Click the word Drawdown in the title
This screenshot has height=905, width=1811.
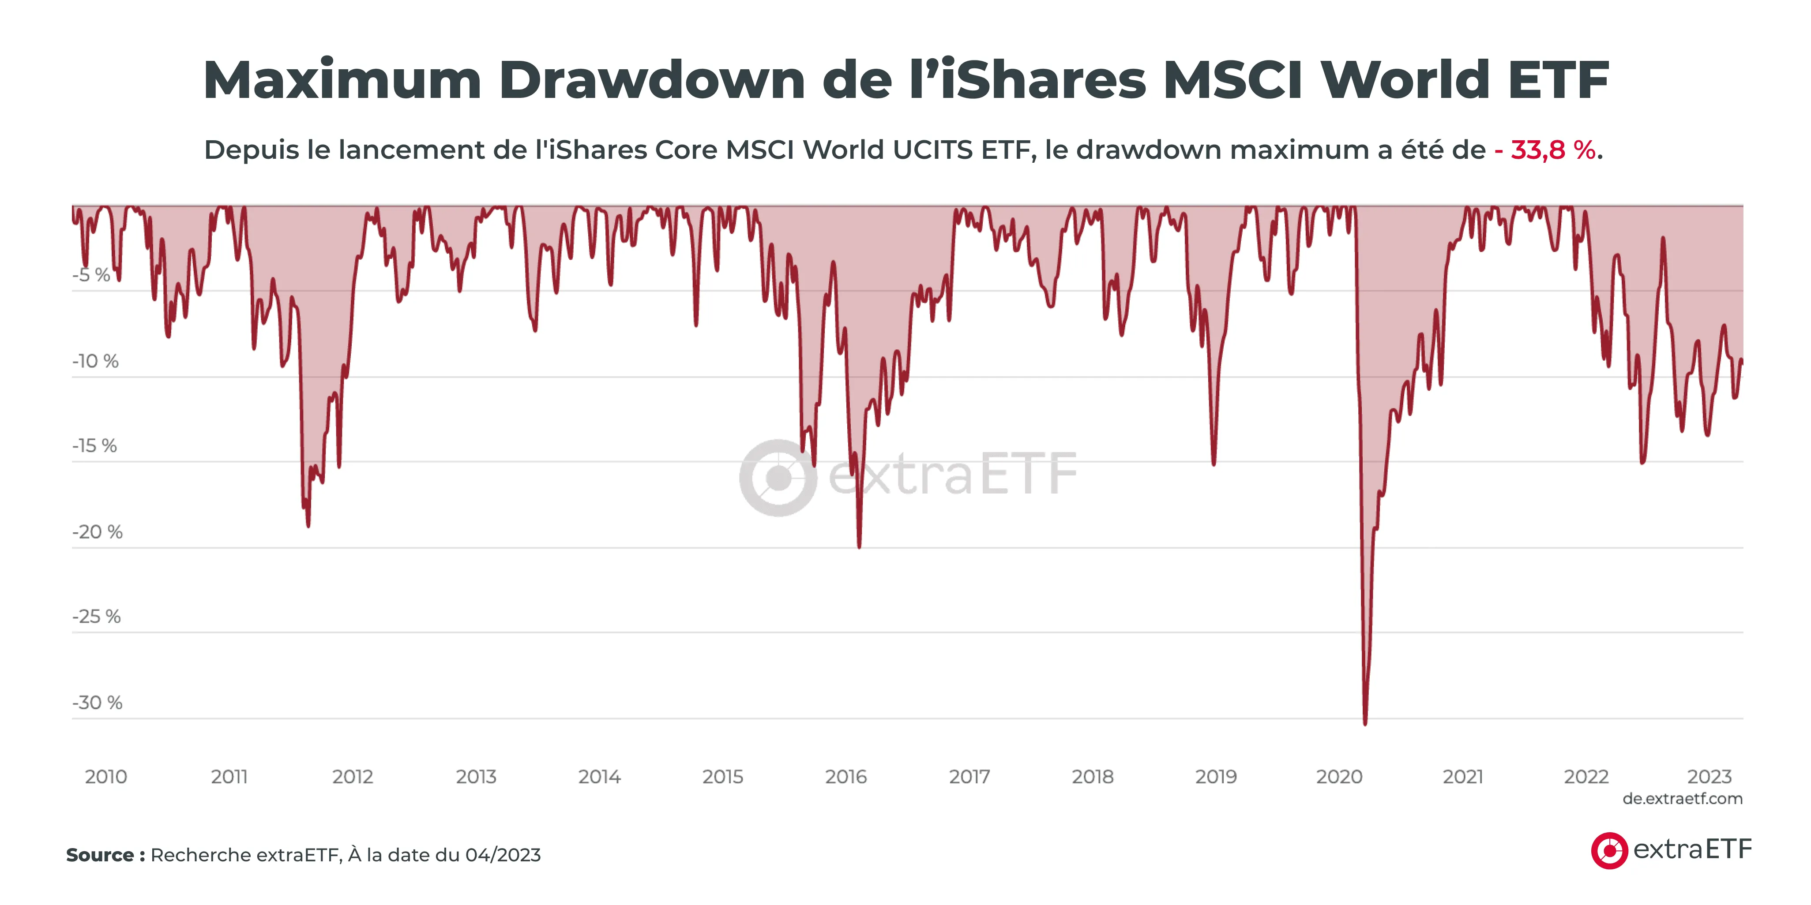coord(652,80)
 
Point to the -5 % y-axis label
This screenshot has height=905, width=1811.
coord(91,275)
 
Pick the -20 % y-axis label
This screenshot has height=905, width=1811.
coord(97,532)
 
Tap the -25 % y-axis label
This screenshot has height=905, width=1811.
coord(96,616)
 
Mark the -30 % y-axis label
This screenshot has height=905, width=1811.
coord(97,703)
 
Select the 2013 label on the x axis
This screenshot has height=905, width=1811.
coord(476,776)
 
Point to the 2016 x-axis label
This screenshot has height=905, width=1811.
coord(846,776)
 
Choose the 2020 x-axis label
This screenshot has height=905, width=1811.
coord(1339,776)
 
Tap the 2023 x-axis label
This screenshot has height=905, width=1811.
coord(1709,776)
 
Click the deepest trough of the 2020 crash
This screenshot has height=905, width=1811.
coord(1365,723)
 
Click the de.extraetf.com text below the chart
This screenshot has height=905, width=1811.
coord(1682,799)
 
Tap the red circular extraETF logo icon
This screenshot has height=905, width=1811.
coord(1609,850)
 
